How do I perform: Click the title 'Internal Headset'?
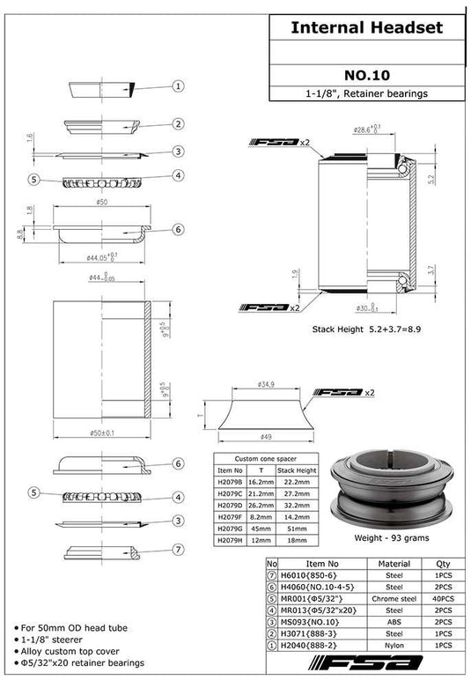tap(366, 28)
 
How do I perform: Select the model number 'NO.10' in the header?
tap(366, 76)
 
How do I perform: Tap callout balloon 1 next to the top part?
tap(178, 86)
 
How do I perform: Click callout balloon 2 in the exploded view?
tap(178, 124)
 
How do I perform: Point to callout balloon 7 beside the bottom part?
tap(178, 549)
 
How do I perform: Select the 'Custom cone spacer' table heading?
tap(264, 459)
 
